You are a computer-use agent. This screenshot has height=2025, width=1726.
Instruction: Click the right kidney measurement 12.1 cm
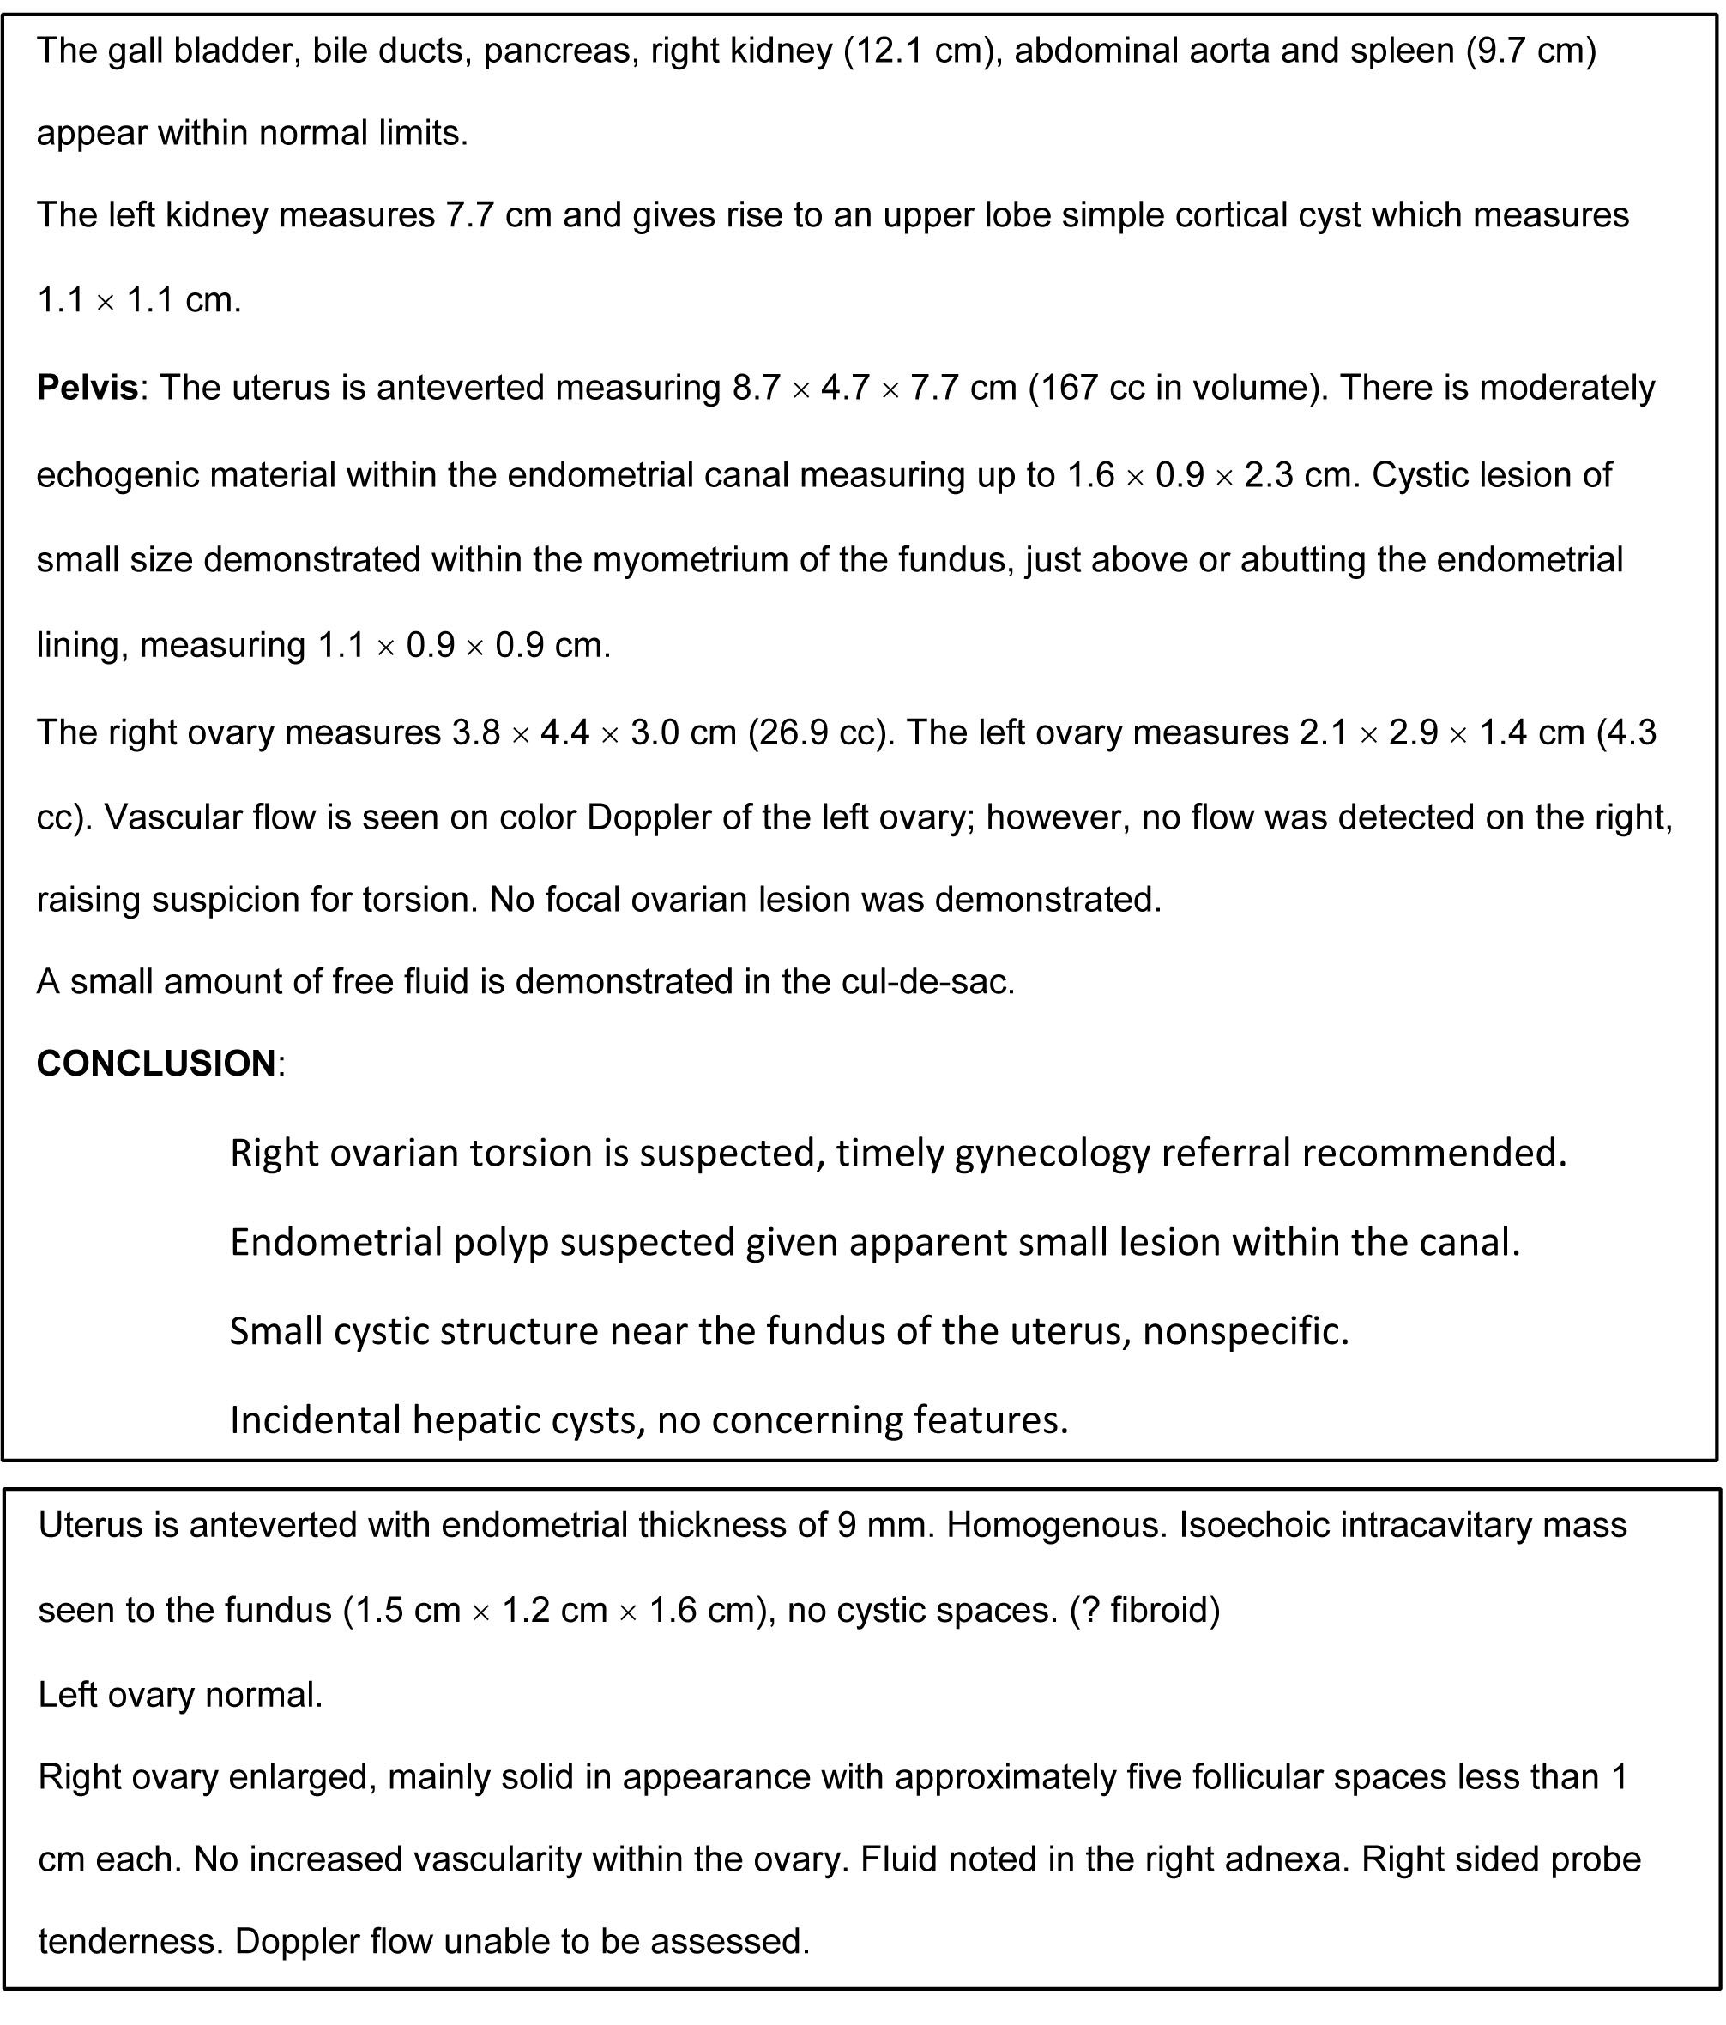coord(922,50)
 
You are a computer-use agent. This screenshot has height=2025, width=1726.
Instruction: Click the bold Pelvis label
coord(87,388)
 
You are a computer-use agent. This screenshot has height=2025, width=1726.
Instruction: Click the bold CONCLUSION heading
coord(156,1064)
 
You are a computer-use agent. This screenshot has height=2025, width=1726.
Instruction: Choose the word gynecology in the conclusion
coord(1052,1154)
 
